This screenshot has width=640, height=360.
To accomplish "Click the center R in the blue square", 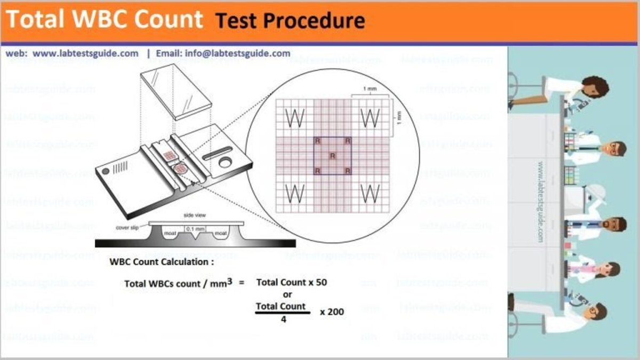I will [332, 156].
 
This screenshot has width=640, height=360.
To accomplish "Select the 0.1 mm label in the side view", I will [192, 229].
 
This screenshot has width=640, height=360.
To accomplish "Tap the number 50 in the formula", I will [321, 282].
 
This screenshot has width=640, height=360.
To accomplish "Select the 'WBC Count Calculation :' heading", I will [162, 262].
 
